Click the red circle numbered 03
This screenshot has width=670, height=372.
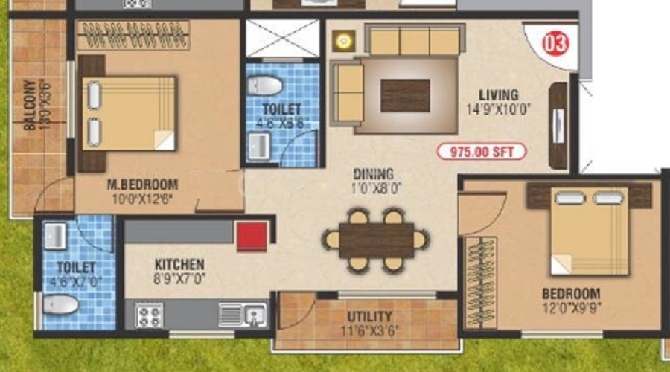556,43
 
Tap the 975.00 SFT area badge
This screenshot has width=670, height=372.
482,153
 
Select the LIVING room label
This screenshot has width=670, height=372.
498,94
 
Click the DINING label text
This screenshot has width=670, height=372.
377,175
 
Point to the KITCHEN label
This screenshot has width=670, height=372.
179,265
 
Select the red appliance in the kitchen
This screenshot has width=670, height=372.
252,236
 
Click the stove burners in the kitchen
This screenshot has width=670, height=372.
149,315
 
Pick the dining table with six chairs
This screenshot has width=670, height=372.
376,240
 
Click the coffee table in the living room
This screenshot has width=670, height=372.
405,94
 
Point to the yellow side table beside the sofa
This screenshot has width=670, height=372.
343,41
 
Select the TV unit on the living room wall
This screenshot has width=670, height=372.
558,123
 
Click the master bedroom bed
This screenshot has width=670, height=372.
128,113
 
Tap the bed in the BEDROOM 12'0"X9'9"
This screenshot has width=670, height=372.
589,231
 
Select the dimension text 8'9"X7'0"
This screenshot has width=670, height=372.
179,279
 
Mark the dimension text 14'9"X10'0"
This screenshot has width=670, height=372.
498,109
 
